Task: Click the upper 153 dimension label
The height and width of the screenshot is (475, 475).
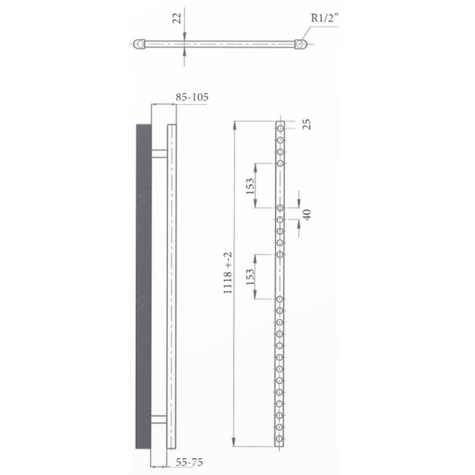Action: point(250,185)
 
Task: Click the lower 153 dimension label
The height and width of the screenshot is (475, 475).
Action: point(250,276)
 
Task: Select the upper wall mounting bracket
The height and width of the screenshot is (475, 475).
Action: point(159,154)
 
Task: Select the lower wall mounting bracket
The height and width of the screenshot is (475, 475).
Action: point(159,420)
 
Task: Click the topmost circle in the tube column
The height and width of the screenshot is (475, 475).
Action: point(280,128)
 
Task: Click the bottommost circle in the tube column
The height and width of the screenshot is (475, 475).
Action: point(280,438)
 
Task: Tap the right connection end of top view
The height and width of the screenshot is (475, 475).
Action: point(300,44)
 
